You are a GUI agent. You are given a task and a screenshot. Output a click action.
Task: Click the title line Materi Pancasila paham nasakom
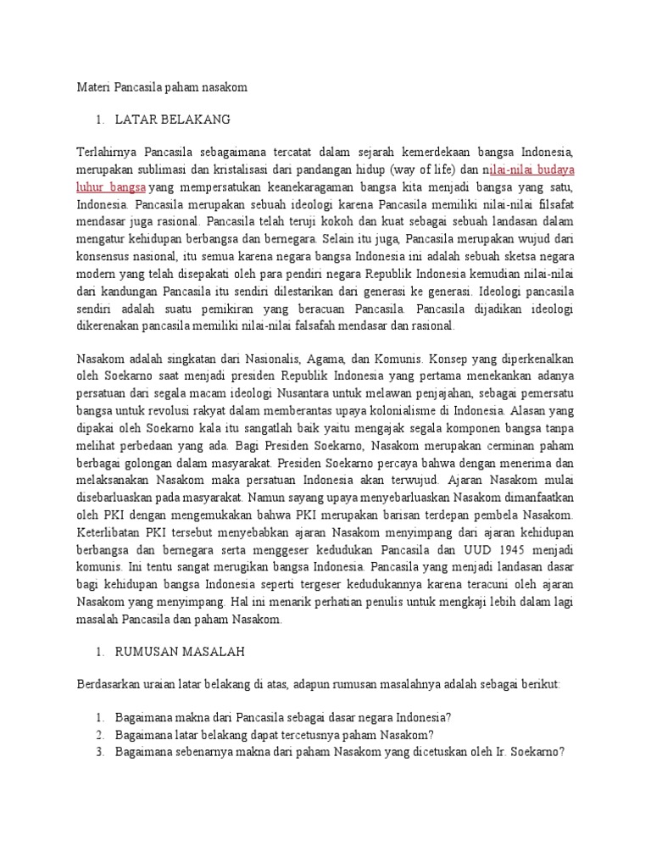[161, 86]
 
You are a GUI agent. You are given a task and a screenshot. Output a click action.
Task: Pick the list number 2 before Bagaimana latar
[99, 734]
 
